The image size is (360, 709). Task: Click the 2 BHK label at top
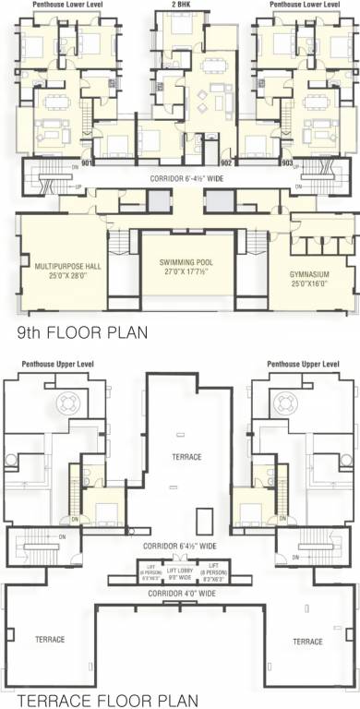(x=181, y=5)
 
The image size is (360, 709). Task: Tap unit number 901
(x=87, y=162)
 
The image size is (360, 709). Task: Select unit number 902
(x=226, y=162)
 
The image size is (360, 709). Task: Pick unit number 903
(x=287, y=162)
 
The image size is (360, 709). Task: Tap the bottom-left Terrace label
(x=49, y=640)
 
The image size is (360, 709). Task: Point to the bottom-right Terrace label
(x=307, y=641)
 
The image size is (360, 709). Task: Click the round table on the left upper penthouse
(x=70, y=403)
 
